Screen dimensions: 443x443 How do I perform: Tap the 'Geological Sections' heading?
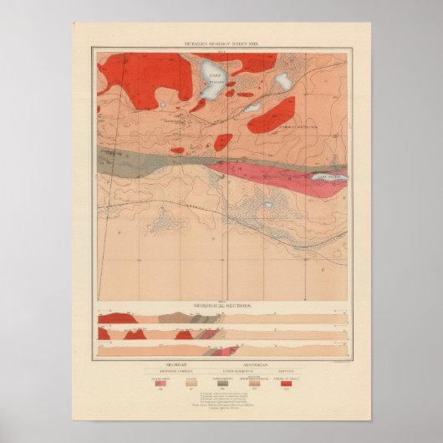coord(221,307)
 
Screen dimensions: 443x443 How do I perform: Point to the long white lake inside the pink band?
coord(329,177)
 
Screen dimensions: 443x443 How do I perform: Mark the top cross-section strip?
coord(221,318)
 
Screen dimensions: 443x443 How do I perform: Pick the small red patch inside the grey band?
coord(177,151)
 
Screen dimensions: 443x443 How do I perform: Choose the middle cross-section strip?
coord(221,333)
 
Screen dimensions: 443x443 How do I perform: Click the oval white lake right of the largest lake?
coord(283,82)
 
